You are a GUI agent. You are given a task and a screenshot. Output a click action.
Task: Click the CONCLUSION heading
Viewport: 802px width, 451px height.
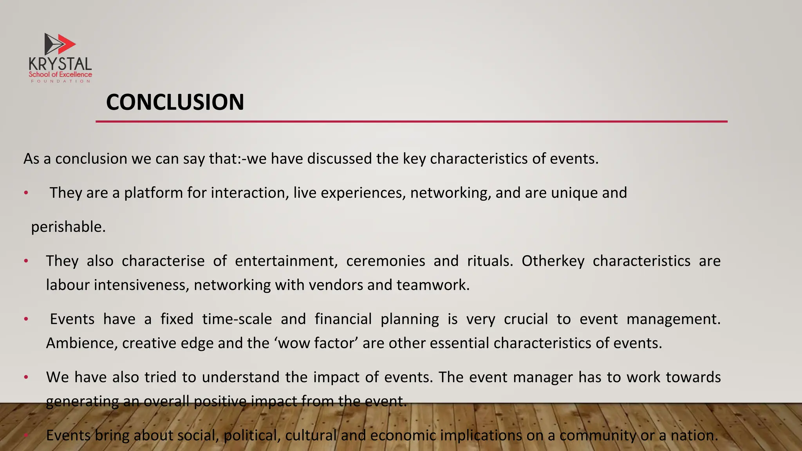coord(175,102)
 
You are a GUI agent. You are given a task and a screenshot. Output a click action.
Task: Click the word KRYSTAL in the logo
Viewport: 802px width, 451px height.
coord(60,64)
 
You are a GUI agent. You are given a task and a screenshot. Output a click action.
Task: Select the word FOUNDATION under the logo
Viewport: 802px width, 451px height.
coord(60,81)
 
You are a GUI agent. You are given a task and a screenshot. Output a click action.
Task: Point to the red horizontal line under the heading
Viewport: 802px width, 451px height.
coord(411,122)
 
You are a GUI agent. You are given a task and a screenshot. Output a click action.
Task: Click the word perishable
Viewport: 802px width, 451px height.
coord(68,227)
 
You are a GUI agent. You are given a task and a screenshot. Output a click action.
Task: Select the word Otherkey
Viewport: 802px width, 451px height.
coord(553,261)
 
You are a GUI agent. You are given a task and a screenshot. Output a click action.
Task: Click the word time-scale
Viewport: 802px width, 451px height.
coord(237,319)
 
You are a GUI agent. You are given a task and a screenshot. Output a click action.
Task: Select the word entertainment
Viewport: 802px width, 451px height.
coord(286,261)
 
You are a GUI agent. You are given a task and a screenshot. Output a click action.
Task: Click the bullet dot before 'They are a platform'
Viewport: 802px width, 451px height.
coord(26,193)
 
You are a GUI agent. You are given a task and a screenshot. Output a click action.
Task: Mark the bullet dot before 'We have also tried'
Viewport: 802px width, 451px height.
coord(26,377)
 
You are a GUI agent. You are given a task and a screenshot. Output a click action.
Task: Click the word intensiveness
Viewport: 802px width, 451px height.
coord(142,285)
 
